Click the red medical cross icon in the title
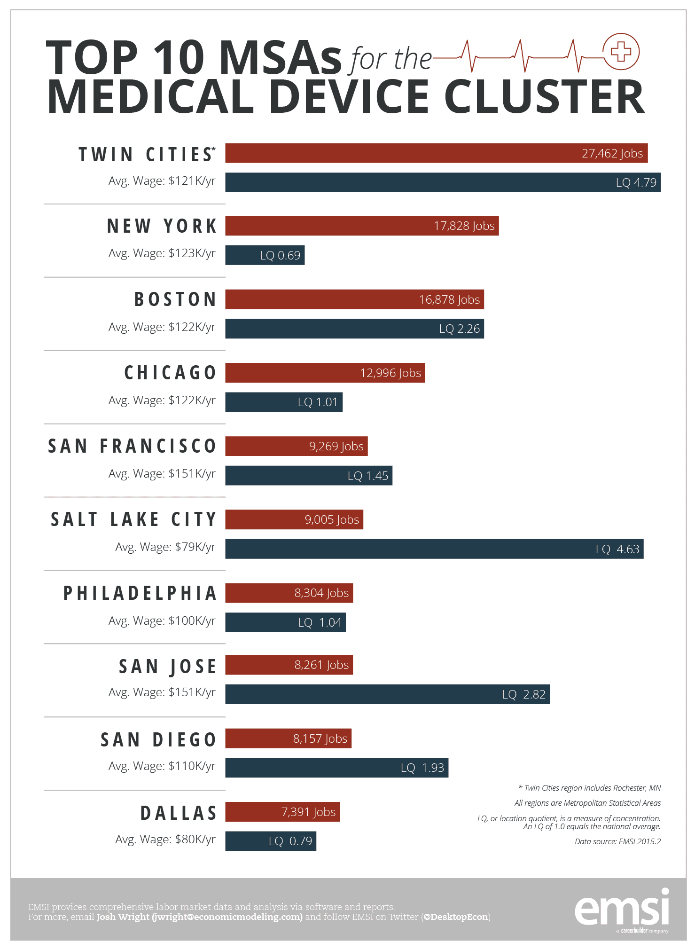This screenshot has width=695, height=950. (621, 51)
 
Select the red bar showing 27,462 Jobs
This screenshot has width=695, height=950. (436, 153)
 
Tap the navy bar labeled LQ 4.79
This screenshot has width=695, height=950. (443, 182)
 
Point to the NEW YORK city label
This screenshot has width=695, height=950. (162, 226)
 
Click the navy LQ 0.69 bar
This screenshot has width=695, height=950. (265, 255)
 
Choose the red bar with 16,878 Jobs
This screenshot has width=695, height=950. (354, 299)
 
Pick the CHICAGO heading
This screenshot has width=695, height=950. (170, 373)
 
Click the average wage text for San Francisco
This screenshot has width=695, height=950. (162, 474)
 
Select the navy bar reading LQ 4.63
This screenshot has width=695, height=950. (434, 549)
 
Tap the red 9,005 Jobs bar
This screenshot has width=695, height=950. (294, 519)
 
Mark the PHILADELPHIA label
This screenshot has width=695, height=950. (140, 593)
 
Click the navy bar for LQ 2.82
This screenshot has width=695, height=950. (387, 694)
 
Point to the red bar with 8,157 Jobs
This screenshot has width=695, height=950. (288, 738)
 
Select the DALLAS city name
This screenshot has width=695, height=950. (179, 813)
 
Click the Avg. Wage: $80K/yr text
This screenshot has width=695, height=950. (165, 840)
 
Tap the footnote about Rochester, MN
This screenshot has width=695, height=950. (589, 788)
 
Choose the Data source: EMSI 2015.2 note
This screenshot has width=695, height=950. (617, 841)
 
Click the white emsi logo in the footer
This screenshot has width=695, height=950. (622, 908)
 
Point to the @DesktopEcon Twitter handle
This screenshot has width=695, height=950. (456, 917)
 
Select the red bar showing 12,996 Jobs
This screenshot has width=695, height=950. (325, 373)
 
